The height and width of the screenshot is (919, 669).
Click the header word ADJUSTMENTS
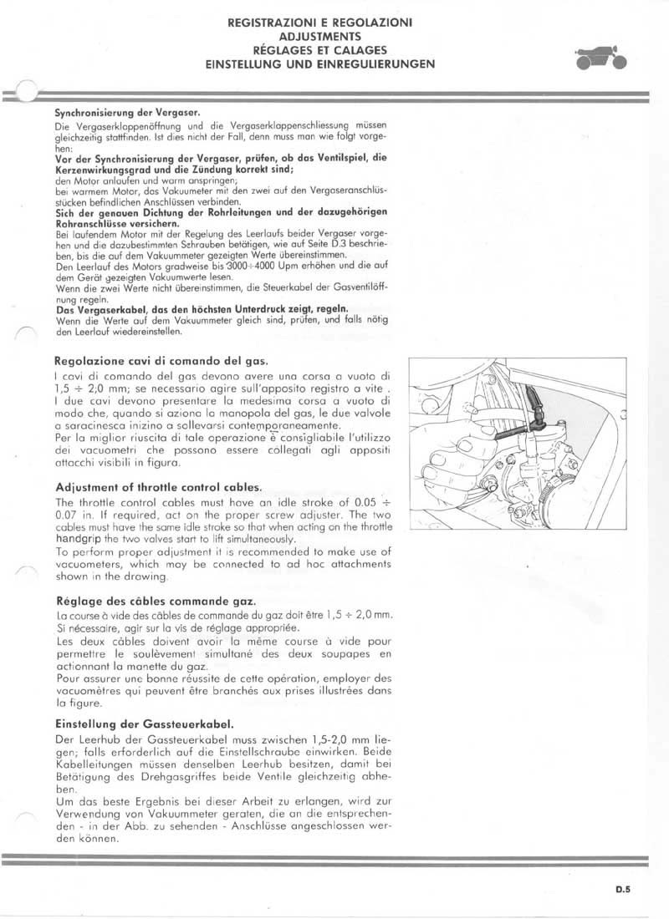(x=320, y=38)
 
